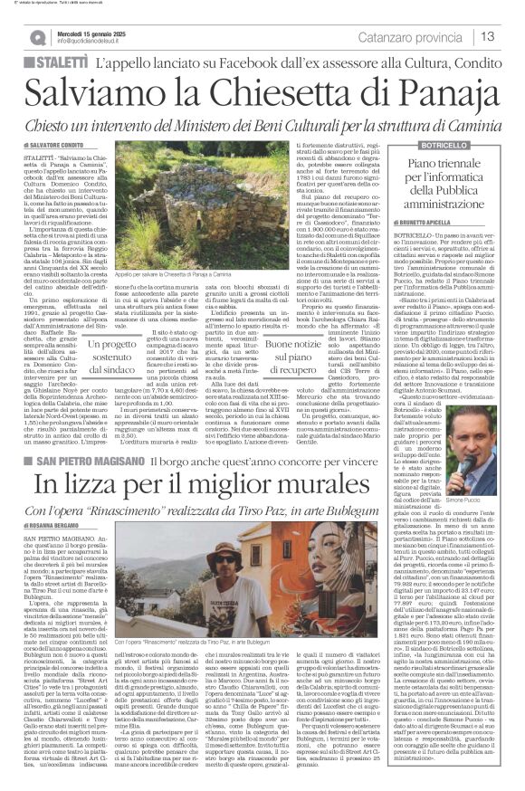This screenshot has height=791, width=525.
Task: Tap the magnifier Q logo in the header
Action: pyautogui.click(x=38, y=37)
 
